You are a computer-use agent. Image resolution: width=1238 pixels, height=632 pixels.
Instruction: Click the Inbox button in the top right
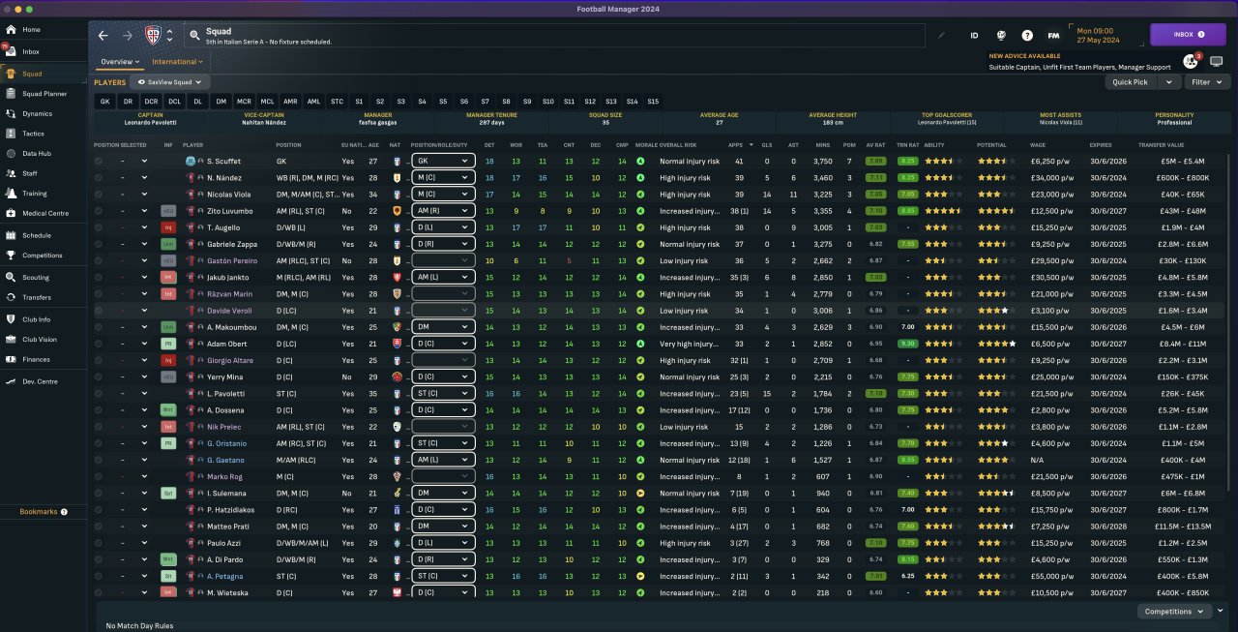1187,35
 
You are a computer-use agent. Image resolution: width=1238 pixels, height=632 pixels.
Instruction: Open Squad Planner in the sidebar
44,94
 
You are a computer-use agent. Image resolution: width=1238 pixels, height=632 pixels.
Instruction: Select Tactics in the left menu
33,134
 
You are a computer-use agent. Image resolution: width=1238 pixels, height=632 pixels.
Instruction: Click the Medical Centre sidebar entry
44,213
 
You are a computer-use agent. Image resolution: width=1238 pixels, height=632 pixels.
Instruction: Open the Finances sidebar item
36,359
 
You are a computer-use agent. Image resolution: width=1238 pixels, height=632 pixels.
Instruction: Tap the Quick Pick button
1130,82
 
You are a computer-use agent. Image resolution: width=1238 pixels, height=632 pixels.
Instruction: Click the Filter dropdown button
1205,82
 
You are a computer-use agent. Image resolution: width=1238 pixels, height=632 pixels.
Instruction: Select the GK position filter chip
104,102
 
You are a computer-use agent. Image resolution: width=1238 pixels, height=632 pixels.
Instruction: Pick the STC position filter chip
337,102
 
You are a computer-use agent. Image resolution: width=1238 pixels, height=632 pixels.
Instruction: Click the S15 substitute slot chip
653,102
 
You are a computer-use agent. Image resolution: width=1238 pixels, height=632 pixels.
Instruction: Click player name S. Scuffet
223,161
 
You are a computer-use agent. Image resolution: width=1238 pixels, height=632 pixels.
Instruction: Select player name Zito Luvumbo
230,211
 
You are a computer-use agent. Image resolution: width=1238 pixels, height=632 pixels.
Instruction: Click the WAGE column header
1037,144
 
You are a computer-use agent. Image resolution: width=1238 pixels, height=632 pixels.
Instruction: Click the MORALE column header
646,144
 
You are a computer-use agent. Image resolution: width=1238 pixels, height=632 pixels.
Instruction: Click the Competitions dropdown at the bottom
1174,612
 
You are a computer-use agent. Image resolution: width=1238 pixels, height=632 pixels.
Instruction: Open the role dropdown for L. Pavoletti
443,394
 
